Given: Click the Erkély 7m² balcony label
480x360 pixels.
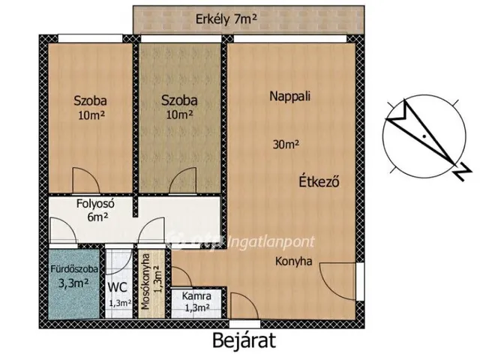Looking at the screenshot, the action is pos(226,19).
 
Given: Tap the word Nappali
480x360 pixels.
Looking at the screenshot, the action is pos(290,97).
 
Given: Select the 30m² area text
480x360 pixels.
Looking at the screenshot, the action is pos(286,145).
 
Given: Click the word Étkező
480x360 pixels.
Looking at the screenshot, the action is pos(319,181).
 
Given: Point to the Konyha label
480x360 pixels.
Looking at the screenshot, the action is pos(294,262).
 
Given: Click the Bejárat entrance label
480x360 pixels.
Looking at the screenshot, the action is pos(244,340).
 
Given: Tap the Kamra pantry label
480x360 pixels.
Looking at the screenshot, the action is pos(196,296).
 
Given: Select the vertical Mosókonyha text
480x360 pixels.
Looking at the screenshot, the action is pos(145,282).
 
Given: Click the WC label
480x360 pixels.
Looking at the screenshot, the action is pos(117,287).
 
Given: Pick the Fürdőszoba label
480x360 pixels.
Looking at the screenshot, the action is pos(74,269).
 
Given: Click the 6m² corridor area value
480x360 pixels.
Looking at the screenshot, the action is pos(97,217).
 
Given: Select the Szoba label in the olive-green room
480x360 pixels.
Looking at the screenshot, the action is pos(179,100).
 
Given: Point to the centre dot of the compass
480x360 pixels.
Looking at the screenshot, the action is pos(424,135).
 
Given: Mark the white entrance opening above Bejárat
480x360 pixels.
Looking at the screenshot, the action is pos(245,324).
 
